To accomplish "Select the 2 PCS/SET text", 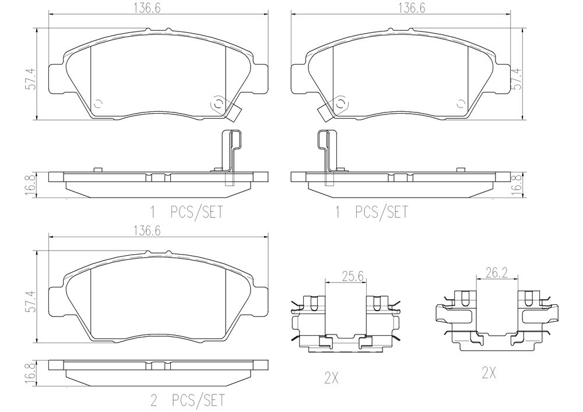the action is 187,400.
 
